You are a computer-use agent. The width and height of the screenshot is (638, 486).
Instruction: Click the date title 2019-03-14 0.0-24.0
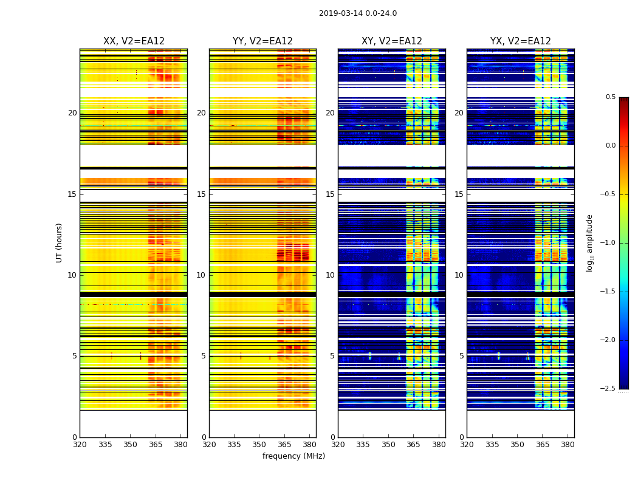(358, 13)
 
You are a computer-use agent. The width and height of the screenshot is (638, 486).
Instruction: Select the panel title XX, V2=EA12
(134, 41)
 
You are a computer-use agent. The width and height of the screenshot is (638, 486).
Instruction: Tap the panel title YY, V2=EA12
(262, 41)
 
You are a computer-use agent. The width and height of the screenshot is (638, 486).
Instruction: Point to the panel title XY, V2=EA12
(392, 41)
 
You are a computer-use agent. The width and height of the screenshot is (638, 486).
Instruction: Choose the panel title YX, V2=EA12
(521, 41)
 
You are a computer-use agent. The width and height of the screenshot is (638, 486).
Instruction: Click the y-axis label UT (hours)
(60, 242)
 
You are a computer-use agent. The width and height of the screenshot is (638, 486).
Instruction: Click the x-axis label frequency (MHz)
(293, 456)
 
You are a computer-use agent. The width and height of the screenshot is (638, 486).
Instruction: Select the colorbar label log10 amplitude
(589, 242)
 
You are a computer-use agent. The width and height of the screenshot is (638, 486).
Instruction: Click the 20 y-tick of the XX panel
(72, 113)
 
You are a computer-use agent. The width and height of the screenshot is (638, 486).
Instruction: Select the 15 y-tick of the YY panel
(201, 194)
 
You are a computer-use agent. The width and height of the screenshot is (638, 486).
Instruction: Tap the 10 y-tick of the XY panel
(330, 275)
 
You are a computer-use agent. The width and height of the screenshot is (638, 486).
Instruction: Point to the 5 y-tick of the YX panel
(461, 356)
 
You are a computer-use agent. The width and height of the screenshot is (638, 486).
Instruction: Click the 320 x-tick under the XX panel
(80, 445)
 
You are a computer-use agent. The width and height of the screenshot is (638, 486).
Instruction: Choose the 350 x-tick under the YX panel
(517, 445)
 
